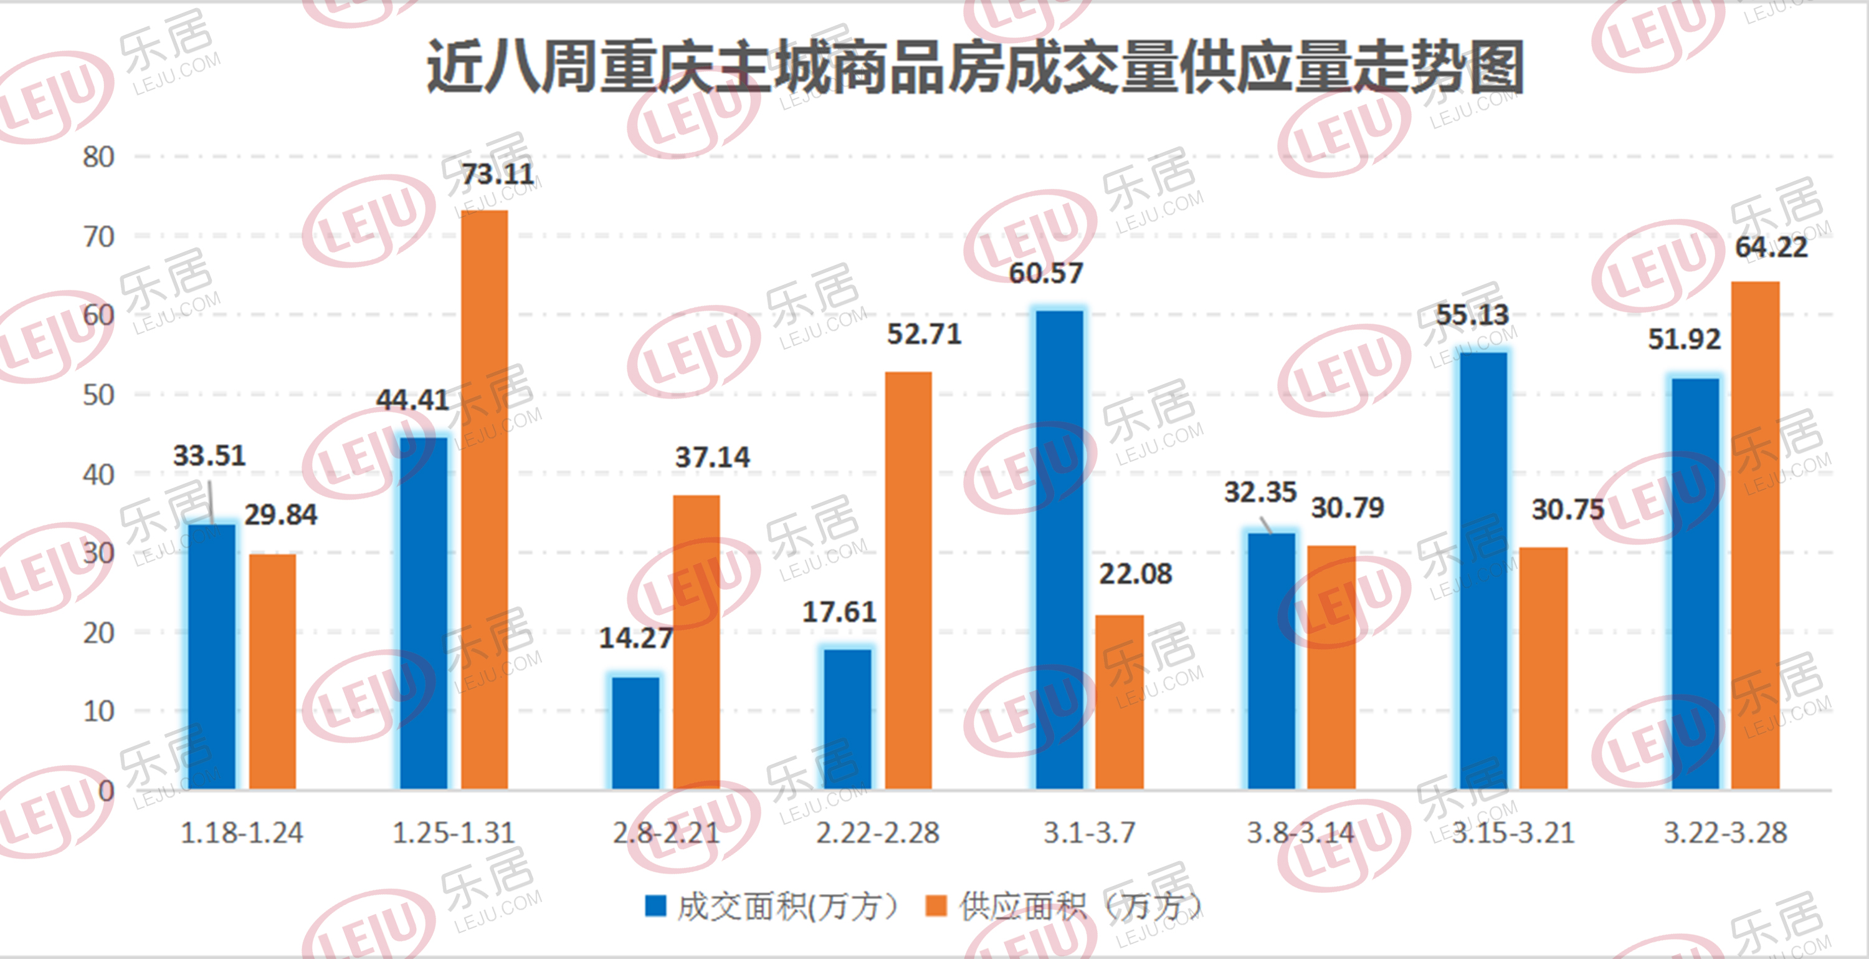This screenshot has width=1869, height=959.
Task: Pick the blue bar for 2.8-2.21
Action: coord(635,733)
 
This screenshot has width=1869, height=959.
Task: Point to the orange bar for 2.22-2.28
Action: coord(908,581)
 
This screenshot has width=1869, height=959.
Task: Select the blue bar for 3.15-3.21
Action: coord(1484,571)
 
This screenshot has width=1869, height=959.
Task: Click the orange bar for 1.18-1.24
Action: coord(273,672)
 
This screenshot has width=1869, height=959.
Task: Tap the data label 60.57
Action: coord(1045,274)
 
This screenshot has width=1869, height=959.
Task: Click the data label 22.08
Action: coord(1136,574)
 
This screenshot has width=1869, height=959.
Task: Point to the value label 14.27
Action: coord(635,638)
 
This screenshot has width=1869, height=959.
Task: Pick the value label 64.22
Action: coord(1771,248)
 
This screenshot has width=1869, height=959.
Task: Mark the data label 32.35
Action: coord(1260,492)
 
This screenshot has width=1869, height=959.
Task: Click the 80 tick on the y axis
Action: coord(98,157)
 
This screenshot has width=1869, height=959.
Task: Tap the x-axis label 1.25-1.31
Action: coord(454,832)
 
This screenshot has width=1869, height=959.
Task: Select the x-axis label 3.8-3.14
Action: coord(1300,832)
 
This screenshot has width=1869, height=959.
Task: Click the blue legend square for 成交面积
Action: coord(655,906)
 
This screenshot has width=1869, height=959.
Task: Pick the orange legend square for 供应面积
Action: coord(936,906)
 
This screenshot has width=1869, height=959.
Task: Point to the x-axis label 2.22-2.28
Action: coord(877,832)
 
